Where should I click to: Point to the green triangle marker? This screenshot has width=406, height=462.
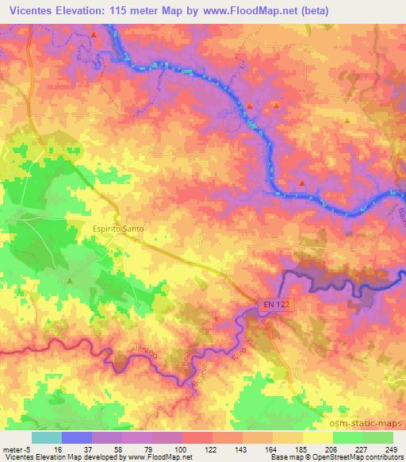click(70, 280)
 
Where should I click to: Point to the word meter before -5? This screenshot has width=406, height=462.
click(12, 449)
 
